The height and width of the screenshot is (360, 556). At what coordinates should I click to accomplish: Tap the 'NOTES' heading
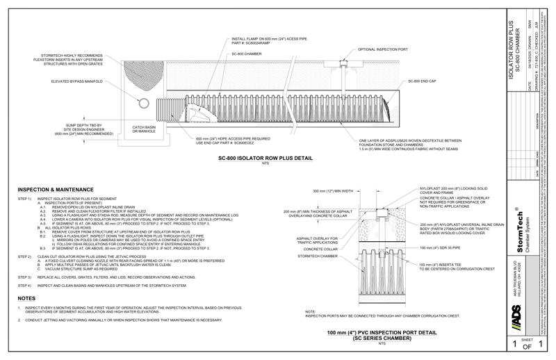click(27, 298)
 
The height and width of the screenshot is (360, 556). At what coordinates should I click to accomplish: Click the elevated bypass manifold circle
click(143, 104)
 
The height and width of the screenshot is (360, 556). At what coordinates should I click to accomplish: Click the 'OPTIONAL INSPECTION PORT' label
click(384, 50)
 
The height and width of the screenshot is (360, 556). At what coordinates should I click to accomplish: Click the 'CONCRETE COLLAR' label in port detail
click(320, 248)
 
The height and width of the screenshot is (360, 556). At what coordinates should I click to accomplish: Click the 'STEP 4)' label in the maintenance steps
click(25, 286)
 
